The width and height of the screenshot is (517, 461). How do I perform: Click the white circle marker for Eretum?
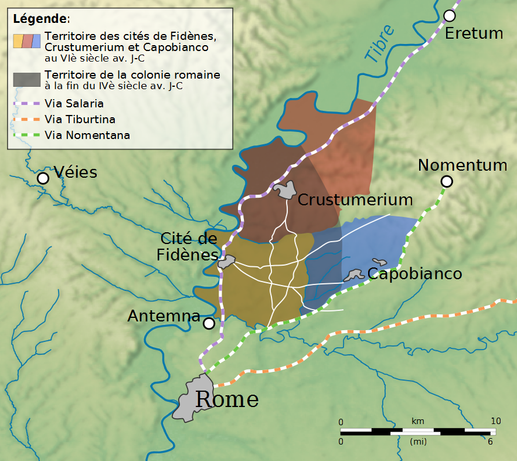click(450, 15)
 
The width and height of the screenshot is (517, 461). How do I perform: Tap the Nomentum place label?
click(462, 165)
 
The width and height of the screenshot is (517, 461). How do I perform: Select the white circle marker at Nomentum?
click(447, 182)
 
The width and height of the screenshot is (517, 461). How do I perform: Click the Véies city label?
click(75, 172)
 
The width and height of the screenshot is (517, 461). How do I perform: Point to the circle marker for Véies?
click(43, 178)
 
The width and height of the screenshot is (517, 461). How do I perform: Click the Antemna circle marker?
click(209, 323)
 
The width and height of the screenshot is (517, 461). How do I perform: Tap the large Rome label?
click(226, 399)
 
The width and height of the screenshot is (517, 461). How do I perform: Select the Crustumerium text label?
click(355, 199)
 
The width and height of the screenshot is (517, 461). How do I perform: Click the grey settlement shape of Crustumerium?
click(286, 190)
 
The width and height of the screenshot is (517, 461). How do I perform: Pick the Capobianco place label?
click(414, 273)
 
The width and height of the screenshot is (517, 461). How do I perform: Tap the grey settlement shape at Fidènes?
click(226, 262)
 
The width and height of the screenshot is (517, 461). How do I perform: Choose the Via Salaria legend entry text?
click(74, 104)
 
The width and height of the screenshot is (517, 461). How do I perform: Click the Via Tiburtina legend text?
click(80, 120)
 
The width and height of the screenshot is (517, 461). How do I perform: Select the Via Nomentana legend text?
click(87, 135)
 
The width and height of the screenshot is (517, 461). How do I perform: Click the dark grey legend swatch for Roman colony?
click(27, 80)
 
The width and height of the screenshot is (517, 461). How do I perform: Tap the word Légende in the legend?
click(39, 19)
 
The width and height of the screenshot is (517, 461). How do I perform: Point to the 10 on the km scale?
click(495, 421)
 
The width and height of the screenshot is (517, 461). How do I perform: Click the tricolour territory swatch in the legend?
click(27, 40)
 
